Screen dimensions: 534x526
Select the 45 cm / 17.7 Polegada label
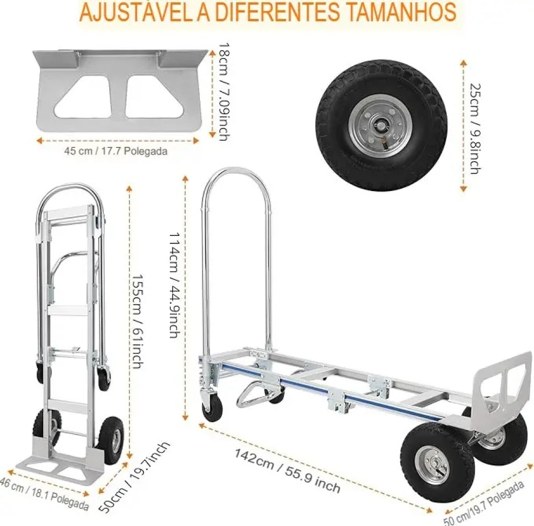click(x=116, y=151)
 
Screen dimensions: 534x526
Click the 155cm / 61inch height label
click(x=137, y=321)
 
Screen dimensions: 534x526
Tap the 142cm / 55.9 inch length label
click(x=287, y=471)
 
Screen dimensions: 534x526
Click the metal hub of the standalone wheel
click(x=378, y=125)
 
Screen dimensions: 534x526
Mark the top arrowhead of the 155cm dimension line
click(x=129, y=188)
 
